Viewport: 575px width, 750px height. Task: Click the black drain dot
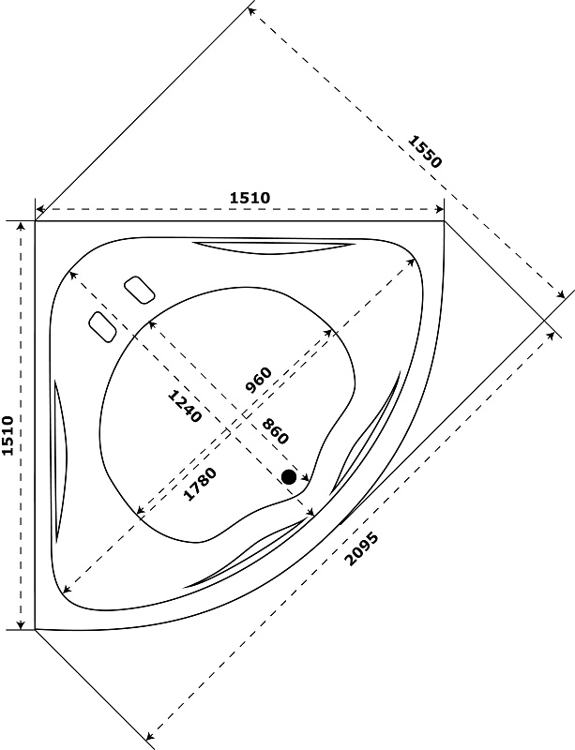point(289,477)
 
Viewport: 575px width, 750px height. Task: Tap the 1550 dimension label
point(424,151)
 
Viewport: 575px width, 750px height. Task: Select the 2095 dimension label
point(361,548)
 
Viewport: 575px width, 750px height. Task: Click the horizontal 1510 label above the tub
point(250,197)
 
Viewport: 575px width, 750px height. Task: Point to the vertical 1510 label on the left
point(8,437)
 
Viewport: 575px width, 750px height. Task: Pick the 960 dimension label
point(257,380)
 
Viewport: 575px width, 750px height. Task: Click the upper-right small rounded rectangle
point(139,289)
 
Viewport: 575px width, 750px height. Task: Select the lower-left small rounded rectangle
point(101,325)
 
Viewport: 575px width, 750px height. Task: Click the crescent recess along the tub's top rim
point(273,247)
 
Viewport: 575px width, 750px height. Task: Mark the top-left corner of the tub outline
point(36,221)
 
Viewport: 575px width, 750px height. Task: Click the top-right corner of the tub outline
point(444,221)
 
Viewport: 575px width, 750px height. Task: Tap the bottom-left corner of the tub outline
point(36,629)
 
